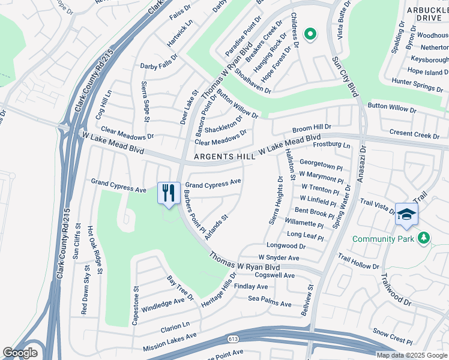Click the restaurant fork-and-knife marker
pos(168,193)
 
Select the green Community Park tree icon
pos(424,238)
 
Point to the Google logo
pos(20,353)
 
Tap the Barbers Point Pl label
pos(194,211)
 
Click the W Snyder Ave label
pos(279,257)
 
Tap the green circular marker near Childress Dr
pos(310,35)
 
